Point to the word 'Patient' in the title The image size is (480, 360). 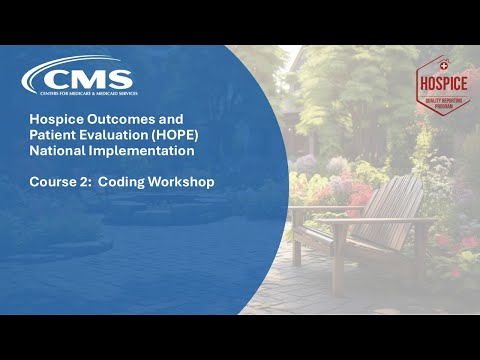(x=51, y=136)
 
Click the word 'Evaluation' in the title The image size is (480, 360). (x=111, y=136)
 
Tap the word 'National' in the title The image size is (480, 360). (x=57, y=152)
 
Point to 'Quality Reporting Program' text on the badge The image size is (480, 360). (x=441, y=103)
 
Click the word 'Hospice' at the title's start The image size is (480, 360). (x=53, y=119)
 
